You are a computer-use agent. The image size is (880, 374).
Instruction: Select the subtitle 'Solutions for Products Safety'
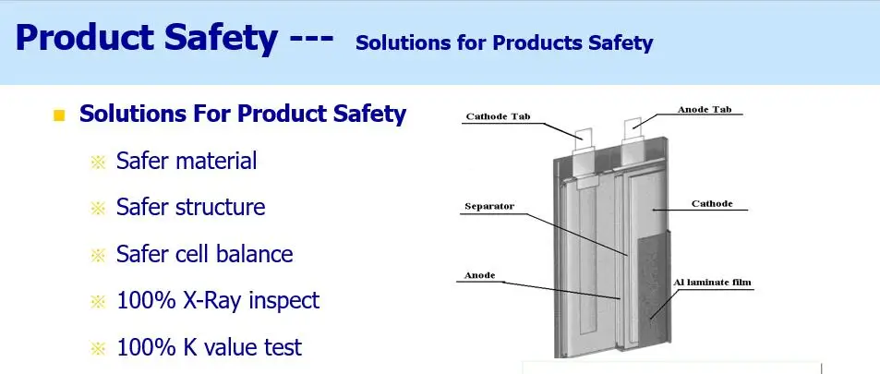coord(503,42)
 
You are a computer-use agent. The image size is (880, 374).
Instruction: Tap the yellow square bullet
coord(60,115)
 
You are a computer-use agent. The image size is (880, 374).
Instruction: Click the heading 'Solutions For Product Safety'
coord(243,114)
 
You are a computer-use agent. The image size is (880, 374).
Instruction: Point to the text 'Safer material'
coord(187,161)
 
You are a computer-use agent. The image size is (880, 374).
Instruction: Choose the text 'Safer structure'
coord(190,207)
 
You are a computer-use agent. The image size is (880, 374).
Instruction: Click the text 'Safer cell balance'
coord(204,254)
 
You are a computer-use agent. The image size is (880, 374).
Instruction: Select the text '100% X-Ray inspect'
coord(218,300)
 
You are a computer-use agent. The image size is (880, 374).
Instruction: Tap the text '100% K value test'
coord(209,347)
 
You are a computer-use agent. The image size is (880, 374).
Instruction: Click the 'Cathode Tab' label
coord(499,116)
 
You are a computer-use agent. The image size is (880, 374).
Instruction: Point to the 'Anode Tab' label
coord(705,110)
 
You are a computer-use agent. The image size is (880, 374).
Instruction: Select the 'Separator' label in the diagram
coord(489,206)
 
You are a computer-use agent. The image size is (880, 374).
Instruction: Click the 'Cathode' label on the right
coord(711,203)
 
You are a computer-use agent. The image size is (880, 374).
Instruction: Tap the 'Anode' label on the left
coord(479,275)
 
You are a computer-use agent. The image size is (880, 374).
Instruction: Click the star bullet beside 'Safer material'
coord(99,163)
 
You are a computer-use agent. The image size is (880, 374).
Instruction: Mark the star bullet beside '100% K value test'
coord(99,348)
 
